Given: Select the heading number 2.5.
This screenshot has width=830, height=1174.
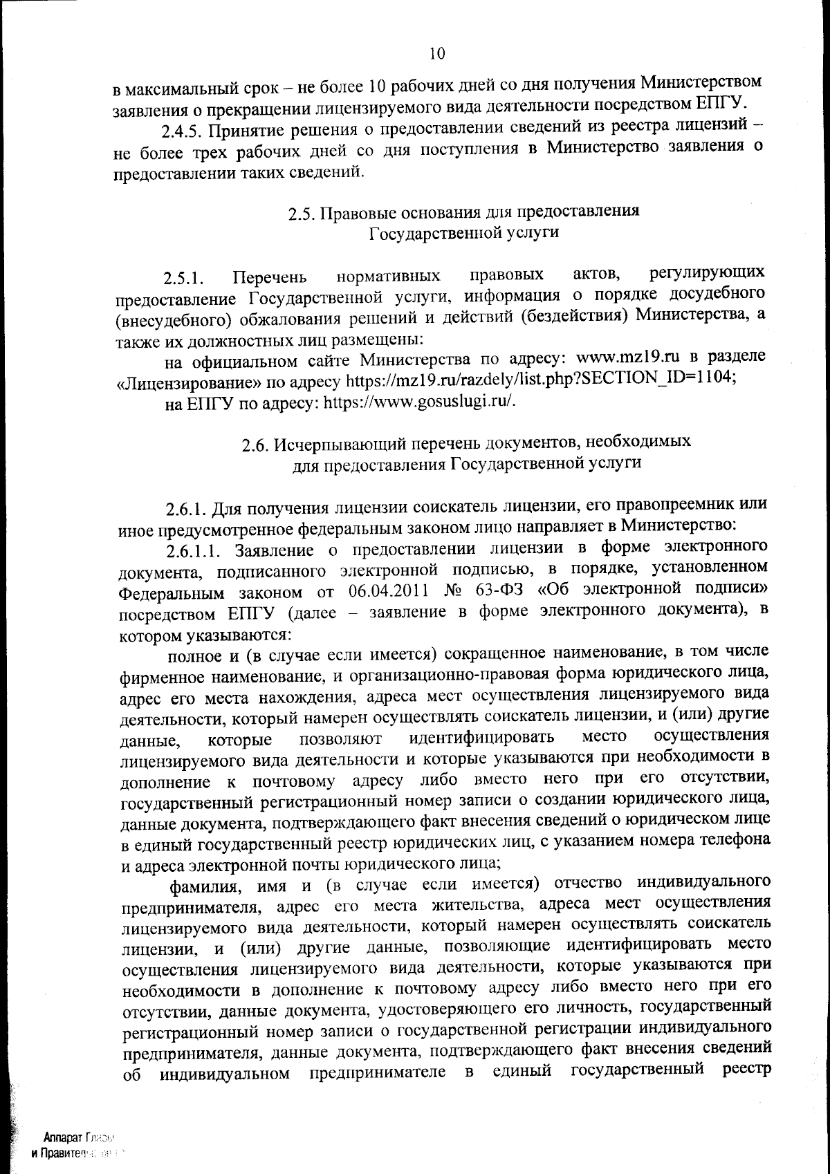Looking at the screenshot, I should [302, 212].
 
